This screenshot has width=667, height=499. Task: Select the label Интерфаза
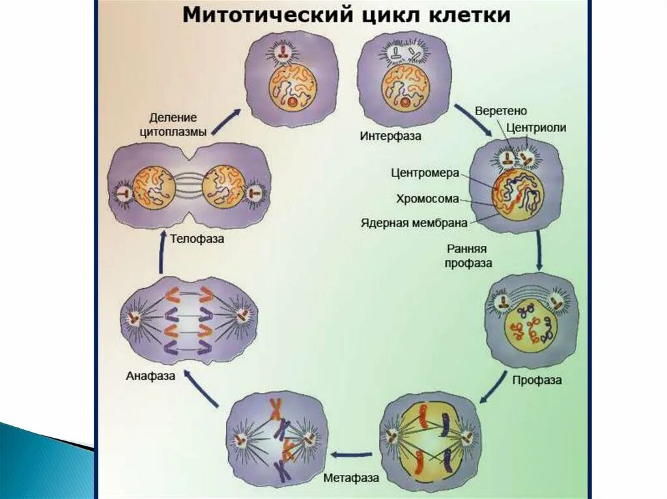click(x=390, y=136)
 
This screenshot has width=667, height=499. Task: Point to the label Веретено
click(x=501, y=111)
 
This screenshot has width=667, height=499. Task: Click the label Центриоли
click(x=537, y=128)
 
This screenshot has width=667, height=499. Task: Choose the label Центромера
click(x=425, y=173)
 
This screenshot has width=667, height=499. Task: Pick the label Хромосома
click(x=427, y=198)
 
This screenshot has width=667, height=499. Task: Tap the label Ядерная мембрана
click(x=414, y=223)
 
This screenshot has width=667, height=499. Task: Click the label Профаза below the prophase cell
click(x=537, y=379)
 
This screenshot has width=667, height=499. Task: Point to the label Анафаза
click(x=151, y=376)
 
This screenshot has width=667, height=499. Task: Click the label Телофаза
click(x=197, y=239)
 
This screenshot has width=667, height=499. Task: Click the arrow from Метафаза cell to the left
click(x=352, y=455)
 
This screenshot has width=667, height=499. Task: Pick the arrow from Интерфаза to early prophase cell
click(x=473, y=119)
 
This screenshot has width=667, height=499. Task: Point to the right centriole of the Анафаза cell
click(x=241, y=316)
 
